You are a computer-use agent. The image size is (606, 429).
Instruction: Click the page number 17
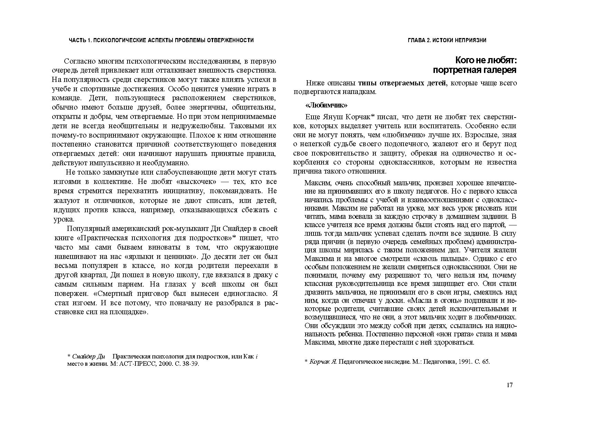tap(510, 385)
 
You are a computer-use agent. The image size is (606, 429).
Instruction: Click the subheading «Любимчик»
tap(326, 105)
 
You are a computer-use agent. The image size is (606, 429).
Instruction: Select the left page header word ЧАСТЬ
tap(78, 40)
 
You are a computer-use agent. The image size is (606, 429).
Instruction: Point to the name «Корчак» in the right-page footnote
tap(320, 362)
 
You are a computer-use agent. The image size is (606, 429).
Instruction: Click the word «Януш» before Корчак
tap(339, 117)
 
